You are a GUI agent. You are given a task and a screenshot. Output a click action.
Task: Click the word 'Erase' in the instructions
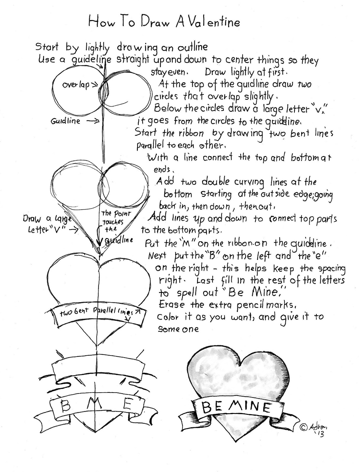click(x=171, y=304)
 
